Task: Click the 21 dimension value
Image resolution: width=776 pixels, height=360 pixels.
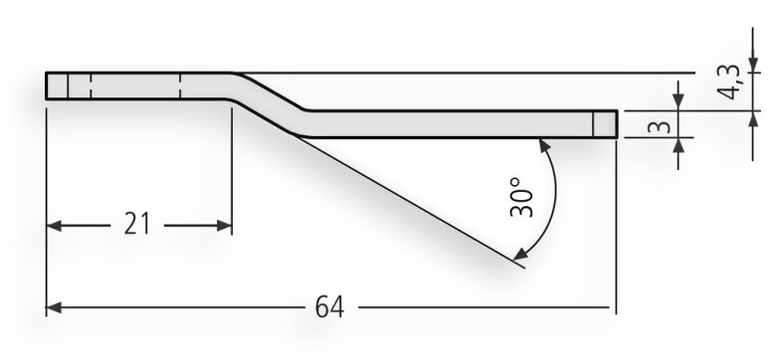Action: click(x=136, y=224)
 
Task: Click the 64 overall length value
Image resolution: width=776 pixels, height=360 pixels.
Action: click(x=329, y=307)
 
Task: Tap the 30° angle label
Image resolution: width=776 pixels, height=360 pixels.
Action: click(x=522, y=198)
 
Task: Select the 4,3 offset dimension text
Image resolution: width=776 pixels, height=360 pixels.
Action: click(x=731, y=83)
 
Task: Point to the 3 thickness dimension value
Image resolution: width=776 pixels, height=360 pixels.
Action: click(x=659, y=126)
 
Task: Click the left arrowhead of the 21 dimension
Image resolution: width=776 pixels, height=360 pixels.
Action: click(x=54, y=226)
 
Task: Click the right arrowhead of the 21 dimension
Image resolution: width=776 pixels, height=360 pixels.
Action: click(x=224, y=226)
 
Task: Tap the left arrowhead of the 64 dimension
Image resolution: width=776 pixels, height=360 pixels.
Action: click(x=54, y=307)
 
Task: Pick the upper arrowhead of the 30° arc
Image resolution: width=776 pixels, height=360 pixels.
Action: click(x=544, y=146)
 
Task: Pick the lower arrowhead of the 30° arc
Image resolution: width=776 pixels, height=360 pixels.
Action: click(x=520, y=255)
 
